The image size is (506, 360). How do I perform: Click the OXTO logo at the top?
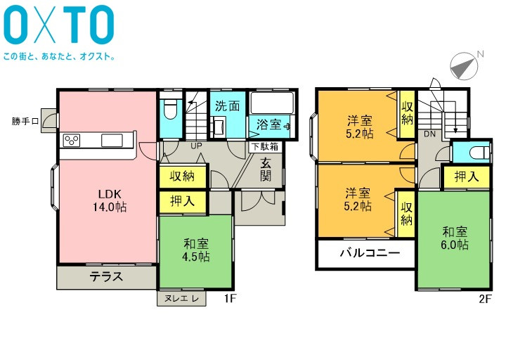(x=59, y=25)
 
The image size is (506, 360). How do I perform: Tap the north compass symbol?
(x=464, y=66)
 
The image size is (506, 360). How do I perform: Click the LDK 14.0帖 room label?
(x=110, y=200)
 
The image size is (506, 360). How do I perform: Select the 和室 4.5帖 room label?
(x=196, y=250)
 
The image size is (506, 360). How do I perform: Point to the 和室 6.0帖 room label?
(x=455, y=238)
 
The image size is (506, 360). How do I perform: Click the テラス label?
(x=106, y=277)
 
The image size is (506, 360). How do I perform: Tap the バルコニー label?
(x=370, y=252)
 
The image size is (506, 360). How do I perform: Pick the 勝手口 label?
(x=25, y=122)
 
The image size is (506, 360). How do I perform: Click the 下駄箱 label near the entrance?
(x=265, y=146)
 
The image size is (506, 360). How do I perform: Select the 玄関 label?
(x=266, y=170)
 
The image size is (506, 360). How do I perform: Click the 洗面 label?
(x=228, y=106)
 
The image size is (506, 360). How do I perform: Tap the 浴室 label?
(x=268, y=125)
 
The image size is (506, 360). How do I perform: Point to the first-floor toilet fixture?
(x=171, y=109)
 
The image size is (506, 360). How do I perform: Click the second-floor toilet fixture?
(x=479, y=153)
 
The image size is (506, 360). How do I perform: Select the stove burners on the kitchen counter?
(x=72, y=141)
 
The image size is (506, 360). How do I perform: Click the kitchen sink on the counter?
(x=112, y=141)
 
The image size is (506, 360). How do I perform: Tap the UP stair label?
(x=196, y=146)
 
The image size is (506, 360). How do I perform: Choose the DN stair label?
(x=429, y=134)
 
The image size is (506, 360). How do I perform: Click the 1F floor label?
(x=230, y=299)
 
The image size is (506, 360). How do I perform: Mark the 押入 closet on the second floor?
(x=467, y=177)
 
